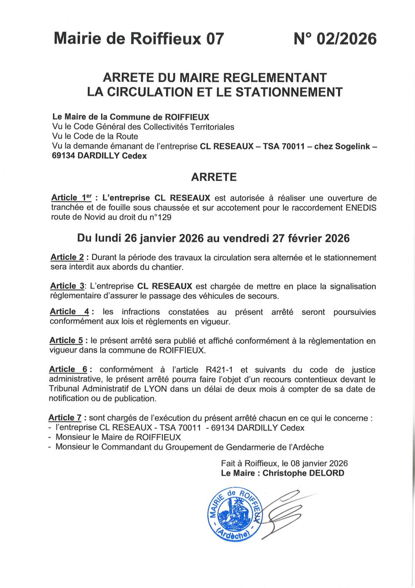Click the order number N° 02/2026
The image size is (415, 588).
coord(335,39)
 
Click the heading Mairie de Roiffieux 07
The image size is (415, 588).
coord(139,39)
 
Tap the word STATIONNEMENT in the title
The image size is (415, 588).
coord(290,92)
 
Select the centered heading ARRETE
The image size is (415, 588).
coord(214,177)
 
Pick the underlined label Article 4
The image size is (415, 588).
coord(69,312)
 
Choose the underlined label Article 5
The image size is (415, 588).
coord(66,340)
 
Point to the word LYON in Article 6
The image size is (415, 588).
coord(155,389)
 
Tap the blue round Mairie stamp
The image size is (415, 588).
coord(234,514)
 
